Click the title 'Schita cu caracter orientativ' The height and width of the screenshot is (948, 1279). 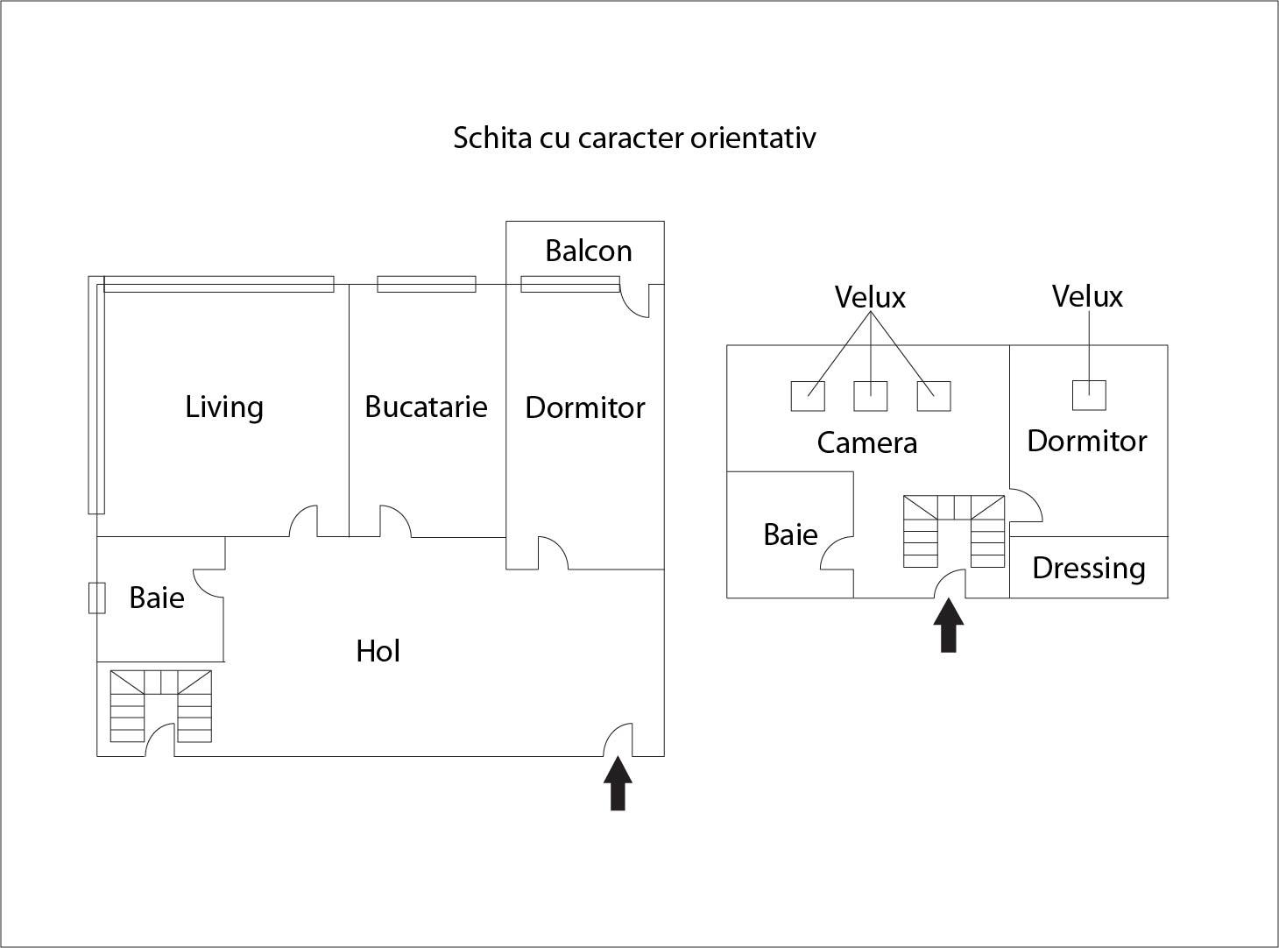tap(634, 138)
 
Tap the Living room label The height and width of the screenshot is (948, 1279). tap(224, 407)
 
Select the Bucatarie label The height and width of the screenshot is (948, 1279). tap(426, 407)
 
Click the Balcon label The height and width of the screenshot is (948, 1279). tap(588, 251)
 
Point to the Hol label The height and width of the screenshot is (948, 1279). tap(378, 651)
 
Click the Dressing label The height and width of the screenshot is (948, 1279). tap(1088, 569)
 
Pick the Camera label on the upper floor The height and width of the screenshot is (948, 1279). tap(866, 442)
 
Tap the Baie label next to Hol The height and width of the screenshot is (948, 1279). tap(157, 598)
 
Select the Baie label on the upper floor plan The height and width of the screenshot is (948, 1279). tap(790, 534)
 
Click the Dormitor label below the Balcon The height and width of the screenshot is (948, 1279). tap(584, 408)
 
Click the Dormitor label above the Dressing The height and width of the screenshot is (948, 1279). tap(1086, 441)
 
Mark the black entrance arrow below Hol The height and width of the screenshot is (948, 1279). tap(618, 783)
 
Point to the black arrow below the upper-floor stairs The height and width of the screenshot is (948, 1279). tap(948, 626)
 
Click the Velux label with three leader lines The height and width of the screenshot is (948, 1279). tap(870, 298)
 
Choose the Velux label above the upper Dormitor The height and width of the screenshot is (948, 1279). tap(1087, 297)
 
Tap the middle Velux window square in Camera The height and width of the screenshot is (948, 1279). tap(870, 396)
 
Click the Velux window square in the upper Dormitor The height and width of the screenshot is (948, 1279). tap(1089, 395)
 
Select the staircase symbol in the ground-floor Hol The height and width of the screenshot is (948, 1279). tap(161, 706)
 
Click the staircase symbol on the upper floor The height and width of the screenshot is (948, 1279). tap(954, 531)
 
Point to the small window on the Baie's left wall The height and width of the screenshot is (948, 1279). tap(96, 598)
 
